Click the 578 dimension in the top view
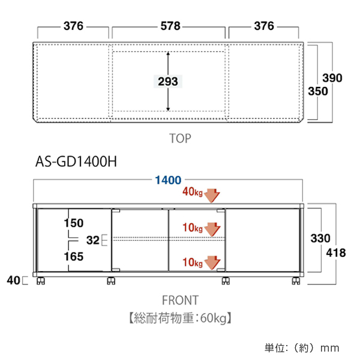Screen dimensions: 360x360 (x=169, y=26)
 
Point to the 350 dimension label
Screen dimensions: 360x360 (x=319, y=91)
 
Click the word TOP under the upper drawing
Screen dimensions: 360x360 (x=179, y=139)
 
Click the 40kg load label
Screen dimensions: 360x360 (x=193, y=193)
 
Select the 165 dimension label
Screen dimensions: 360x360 (x=74, y=257)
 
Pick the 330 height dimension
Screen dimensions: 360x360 (x=319, y=238)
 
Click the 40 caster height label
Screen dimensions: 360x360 (x=13, y=280)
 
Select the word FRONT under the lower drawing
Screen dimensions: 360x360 (x=179, y=299)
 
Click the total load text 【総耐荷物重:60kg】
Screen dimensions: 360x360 (x=179, y=317)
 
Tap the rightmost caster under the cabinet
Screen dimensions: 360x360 (x=296, y=281)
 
